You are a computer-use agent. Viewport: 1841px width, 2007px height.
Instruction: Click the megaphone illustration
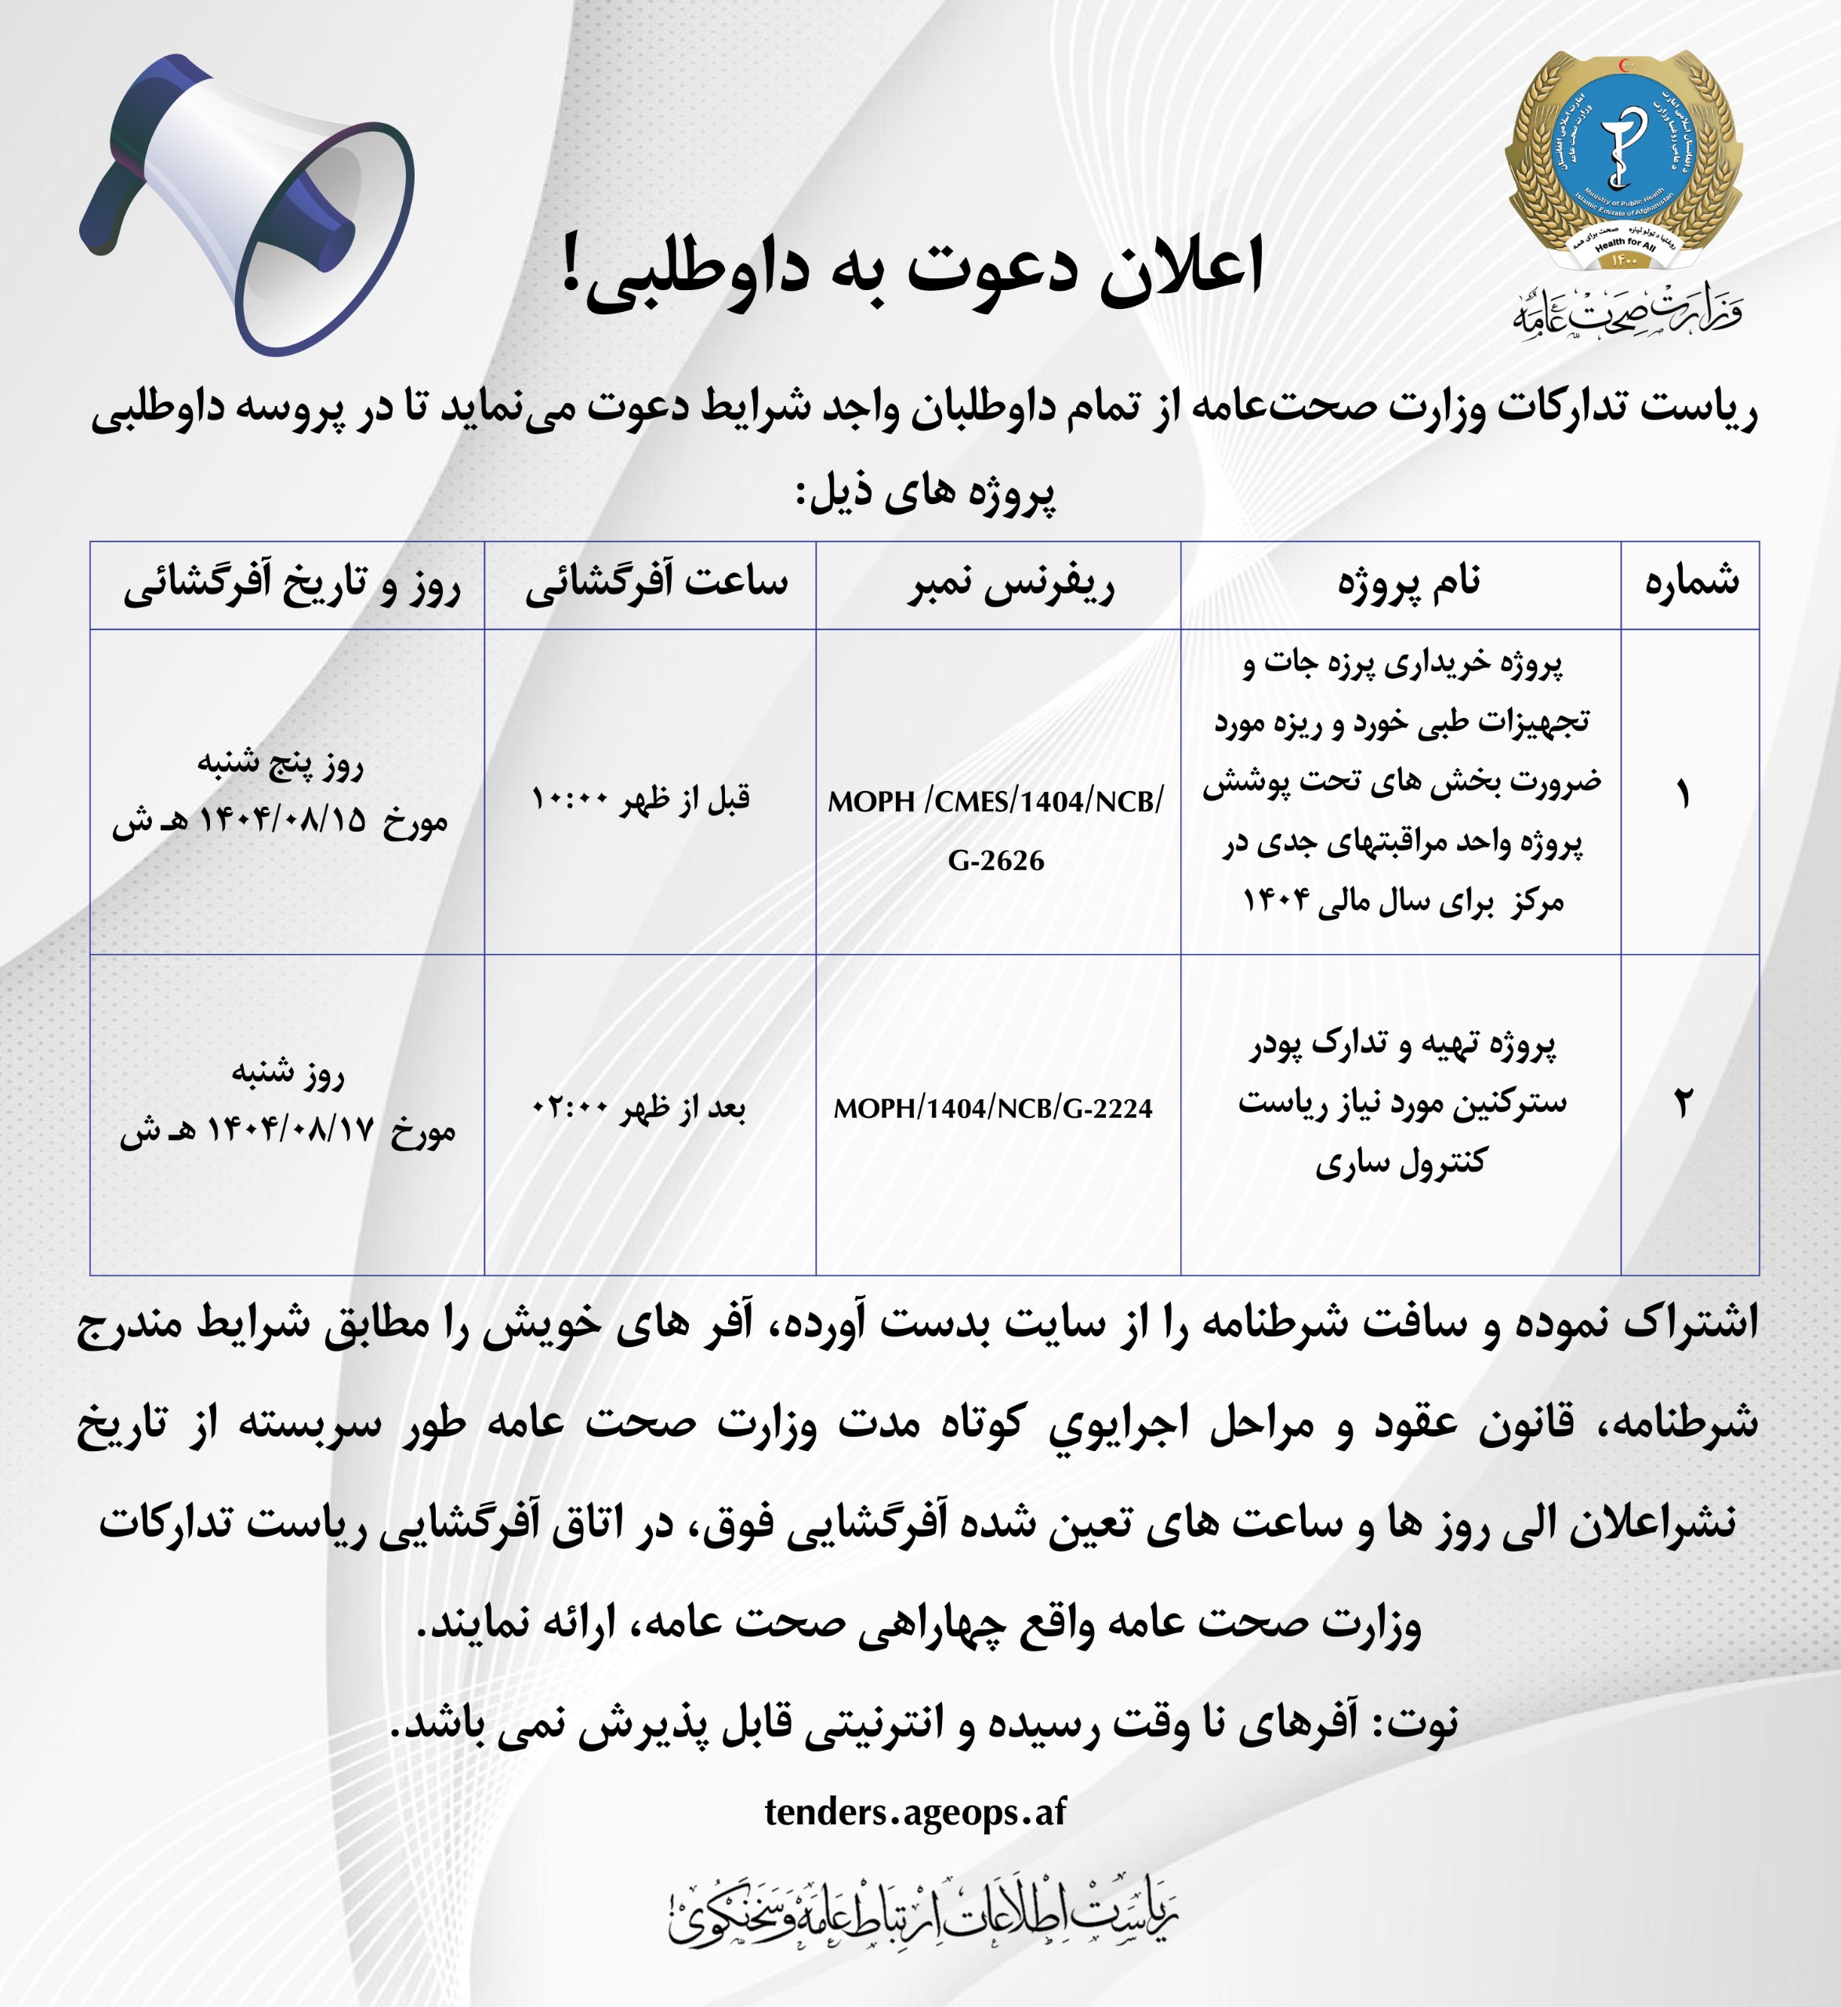[x=249, y=205]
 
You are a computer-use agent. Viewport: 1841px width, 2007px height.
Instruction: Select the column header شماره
[x=1691, y=583]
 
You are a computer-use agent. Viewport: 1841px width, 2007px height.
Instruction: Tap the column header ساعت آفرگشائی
[x=657, y=583]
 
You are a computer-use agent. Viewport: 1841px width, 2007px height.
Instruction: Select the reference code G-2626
[x=995, y=860]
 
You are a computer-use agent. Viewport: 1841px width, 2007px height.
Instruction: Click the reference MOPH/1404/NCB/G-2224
[x=992, y=1108]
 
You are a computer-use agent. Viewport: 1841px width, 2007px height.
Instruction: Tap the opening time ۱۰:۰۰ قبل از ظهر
[x=640, y=799]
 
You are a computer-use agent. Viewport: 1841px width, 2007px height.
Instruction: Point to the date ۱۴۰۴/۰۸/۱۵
[x=283, y=821]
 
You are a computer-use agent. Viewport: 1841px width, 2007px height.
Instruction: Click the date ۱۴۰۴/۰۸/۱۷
[x=290, y=1130]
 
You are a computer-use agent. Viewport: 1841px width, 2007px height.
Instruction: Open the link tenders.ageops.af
[x=915, y=1812]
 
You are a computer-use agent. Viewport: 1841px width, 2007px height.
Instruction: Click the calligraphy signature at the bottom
[x=922, y=1914]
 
